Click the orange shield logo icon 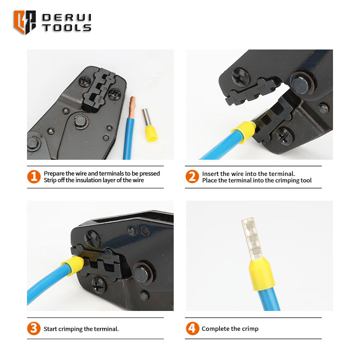(25, 22)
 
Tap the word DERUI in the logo (67, 18)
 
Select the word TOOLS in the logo (67, 27)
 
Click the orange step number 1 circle (34, 176)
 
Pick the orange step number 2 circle (192, 176)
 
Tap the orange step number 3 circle (34, 328)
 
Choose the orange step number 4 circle (193, 328)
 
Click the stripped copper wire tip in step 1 (132, 107)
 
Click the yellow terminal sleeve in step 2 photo (244, 131)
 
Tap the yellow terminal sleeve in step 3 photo (72, 265)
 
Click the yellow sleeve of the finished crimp (262, 274)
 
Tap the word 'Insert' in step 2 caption (210, 174)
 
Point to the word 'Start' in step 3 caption (50, 329)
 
